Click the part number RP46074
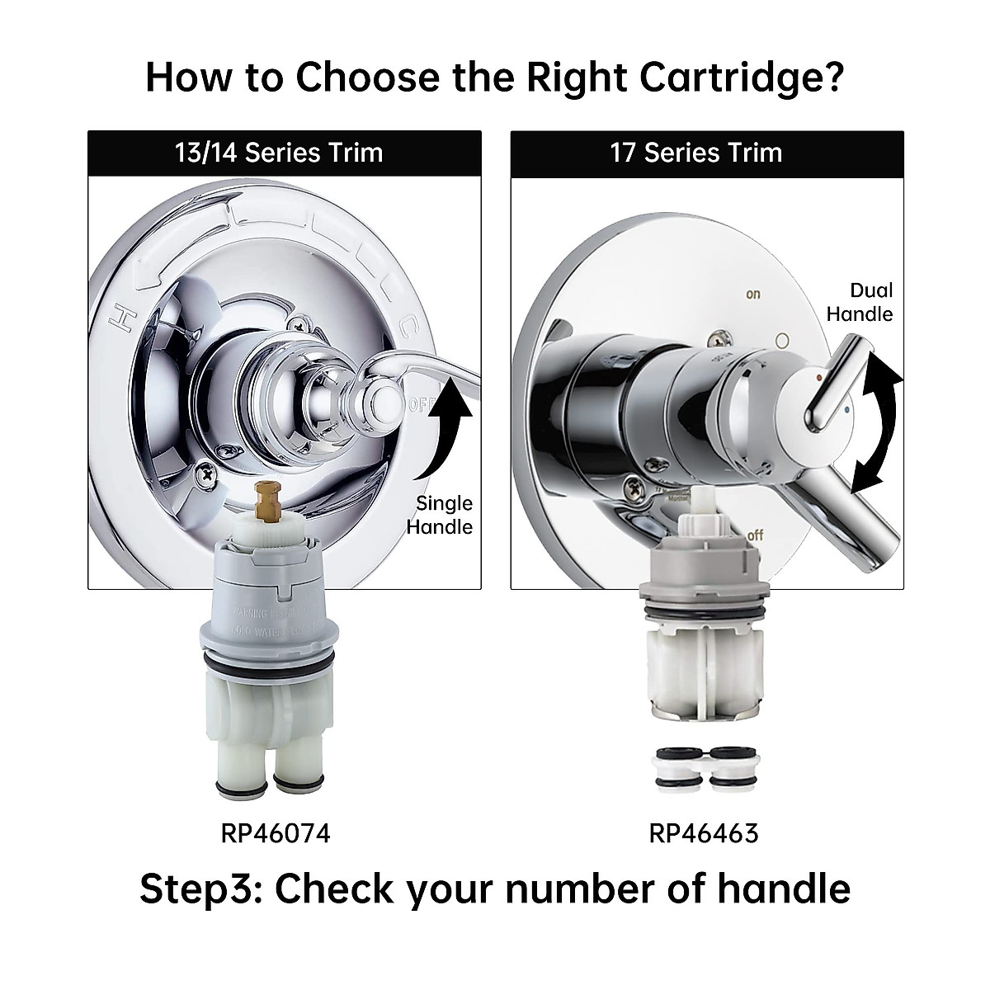click(276, 833)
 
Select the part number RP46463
click(703, 833)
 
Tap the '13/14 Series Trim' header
click(279, 153)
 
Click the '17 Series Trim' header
click(695, 153)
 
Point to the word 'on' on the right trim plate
click(752, 295)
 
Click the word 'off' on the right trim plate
click(754, 535)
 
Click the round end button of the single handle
click(380, 403)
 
